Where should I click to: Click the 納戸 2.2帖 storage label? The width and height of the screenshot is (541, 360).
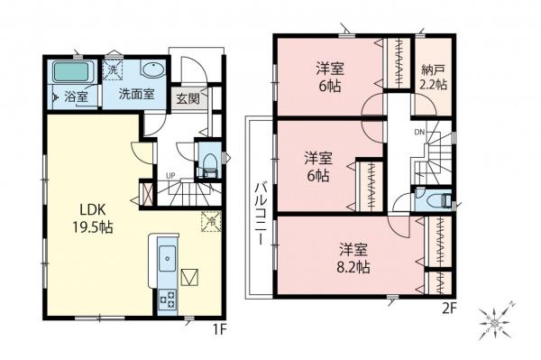click(x=434, y=78)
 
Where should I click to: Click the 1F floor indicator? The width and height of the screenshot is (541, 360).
click(x=217, y=330)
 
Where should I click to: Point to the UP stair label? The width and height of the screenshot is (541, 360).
click(x=170, y=175)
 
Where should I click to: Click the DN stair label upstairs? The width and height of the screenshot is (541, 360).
click(x=417, y=132)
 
